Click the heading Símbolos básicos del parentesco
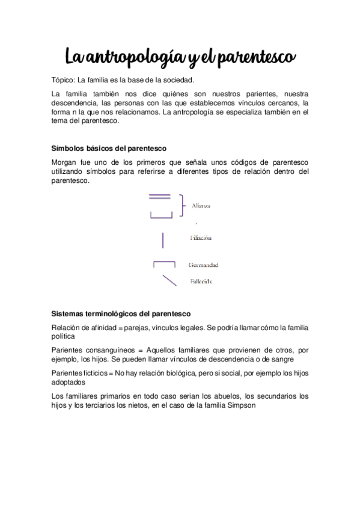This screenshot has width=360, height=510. [x=109, y=148]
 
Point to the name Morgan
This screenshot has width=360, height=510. [x=66, y=162]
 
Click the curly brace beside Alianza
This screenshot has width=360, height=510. [x=180, y=205]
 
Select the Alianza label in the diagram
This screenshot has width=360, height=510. [x=201, y=206]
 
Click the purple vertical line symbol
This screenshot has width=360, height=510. [x=162, y=239]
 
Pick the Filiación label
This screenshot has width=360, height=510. [x=201, y=238]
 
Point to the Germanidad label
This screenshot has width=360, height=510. [x=203, y=265]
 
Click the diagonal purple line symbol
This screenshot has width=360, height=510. [x=169, y=280]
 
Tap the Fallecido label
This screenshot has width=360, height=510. [x=201, y=281]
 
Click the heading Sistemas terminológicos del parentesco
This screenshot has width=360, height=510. [x=121, y=313]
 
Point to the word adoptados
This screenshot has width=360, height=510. [x=69, y=382]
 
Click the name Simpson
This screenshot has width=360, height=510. [x=240, y=405]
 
